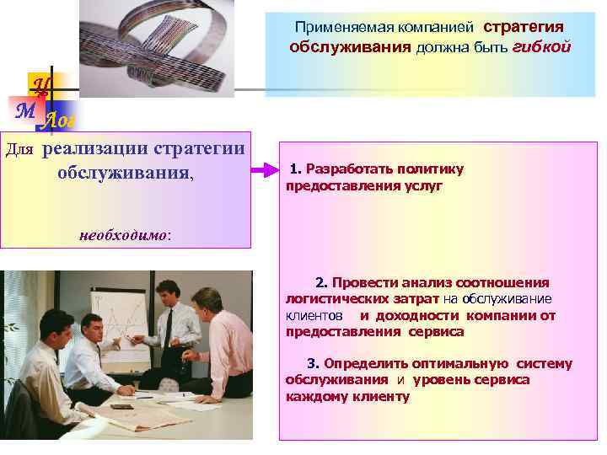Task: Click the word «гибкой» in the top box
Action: [541, 47]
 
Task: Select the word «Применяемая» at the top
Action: [333, 28]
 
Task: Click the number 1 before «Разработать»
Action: [293, 169]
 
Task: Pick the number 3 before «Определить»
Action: [312, 364]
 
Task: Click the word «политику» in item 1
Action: [432, 169]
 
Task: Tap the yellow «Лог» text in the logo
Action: [59, 121]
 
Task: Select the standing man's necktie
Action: [168, 325]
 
